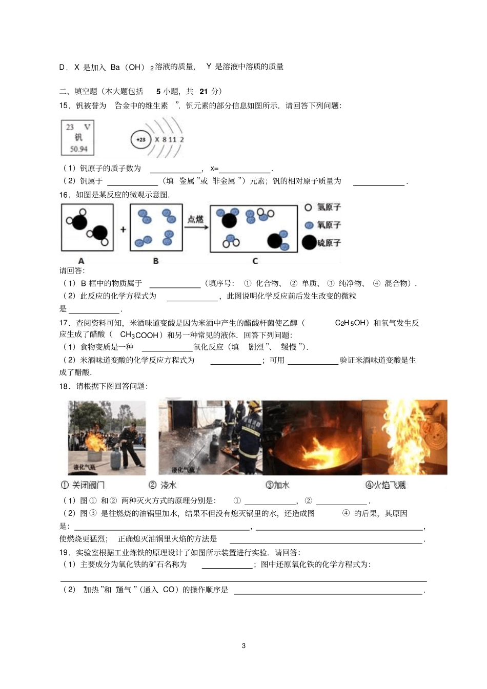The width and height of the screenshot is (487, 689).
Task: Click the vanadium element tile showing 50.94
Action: [78, 138]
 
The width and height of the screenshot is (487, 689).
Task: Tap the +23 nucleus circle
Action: [140, 139]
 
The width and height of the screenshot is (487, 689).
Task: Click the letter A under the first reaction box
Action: [81, 261]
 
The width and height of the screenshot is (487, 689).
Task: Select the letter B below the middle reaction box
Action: [156, 261]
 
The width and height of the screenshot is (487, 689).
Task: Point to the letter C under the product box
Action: [255, 261]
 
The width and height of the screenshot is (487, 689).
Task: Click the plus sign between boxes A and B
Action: [123, 229]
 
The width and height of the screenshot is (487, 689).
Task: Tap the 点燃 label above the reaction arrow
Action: [195, 219]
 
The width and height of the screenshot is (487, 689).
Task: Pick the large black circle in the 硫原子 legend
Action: [309, 242]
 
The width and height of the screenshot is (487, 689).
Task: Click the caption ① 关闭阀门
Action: [83, 485]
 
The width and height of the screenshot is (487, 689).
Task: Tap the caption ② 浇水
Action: [163, 485]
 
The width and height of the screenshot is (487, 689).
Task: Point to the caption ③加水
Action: [277, 485]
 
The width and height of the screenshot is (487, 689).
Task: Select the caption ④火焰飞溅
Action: [385, 485]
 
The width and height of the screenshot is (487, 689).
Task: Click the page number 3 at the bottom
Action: [243, 645]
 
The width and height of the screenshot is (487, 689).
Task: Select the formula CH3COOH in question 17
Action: [139, 335]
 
